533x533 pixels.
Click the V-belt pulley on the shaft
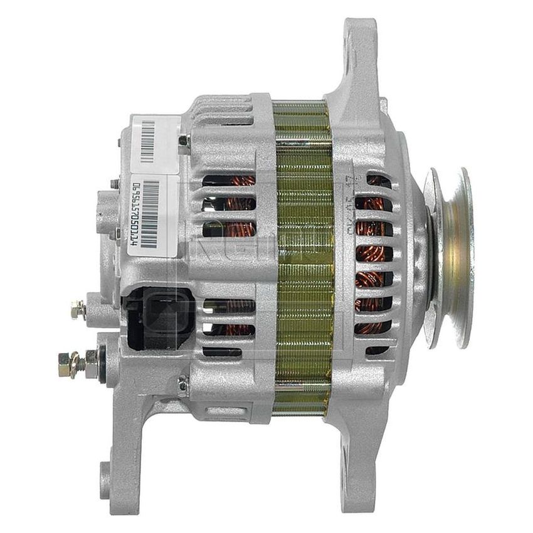point(448,257)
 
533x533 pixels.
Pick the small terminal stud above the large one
point(79,309)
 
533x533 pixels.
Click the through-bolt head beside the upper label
point(184,144)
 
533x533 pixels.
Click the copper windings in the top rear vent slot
point(230,182)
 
